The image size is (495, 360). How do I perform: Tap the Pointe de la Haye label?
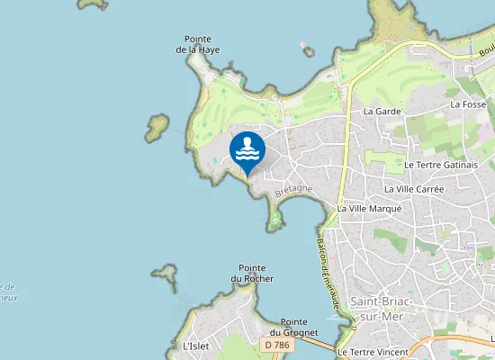198,44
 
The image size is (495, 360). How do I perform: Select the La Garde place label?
381,111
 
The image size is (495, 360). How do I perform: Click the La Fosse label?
468,104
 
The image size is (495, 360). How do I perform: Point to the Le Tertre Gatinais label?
440,165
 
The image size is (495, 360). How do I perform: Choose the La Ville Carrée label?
413,189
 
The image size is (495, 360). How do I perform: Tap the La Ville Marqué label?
369,208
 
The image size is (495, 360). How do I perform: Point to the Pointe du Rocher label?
252,274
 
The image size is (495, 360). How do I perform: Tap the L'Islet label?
195,346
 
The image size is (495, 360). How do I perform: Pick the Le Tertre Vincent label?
373,351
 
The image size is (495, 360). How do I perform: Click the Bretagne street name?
293,191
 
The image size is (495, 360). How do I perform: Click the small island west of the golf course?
158,125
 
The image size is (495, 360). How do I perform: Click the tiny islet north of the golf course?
309,49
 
